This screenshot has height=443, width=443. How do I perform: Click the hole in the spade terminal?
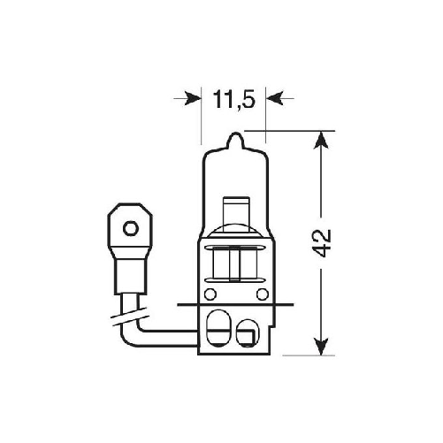point(129,229)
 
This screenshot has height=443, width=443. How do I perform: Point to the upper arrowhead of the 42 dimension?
point(317,140)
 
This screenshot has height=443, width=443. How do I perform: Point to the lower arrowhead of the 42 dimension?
point(317,348)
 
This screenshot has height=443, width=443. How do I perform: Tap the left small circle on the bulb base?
point(210,294)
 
